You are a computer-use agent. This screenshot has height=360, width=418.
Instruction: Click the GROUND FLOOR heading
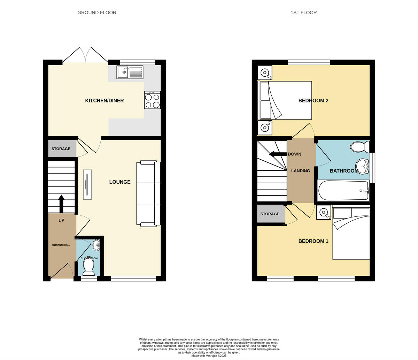(97, 13)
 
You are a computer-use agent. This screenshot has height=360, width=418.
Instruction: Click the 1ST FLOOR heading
(303, 13)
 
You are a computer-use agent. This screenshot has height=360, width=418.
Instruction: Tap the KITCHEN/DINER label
(104, 101)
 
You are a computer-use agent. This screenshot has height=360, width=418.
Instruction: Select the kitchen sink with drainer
(130, 72)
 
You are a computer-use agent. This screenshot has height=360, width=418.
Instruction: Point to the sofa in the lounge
(149, 193)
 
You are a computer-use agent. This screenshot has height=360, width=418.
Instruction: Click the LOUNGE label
(120, 182)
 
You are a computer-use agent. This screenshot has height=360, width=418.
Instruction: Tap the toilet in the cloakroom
(88, 266)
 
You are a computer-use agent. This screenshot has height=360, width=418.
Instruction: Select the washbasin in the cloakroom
(96, 245)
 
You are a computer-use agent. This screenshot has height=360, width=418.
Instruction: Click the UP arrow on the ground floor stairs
(61, 204)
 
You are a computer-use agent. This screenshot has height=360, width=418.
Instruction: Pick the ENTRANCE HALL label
(61, 245)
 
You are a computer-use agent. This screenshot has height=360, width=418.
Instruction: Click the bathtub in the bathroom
(343, 191)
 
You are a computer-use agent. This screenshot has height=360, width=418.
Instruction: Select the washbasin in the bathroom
(362, 166)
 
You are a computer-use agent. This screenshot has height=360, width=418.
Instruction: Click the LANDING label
(301, 171)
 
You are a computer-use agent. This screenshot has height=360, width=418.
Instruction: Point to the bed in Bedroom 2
(285, 100)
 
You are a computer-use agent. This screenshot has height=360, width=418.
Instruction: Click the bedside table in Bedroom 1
(324, 212)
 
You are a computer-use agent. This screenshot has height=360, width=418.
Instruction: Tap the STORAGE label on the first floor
(270, 214)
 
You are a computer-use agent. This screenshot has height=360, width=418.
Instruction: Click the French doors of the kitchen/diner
(85, 56)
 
